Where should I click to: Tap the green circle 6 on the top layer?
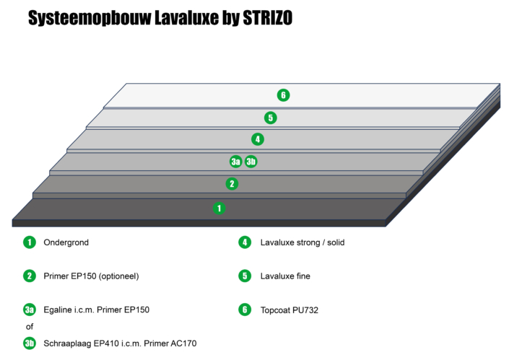284,95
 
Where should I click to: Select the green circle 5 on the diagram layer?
270,118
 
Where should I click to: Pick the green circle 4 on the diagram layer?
257,139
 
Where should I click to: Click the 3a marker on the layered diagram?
236,162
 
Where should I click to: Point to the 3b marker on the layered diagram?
251,162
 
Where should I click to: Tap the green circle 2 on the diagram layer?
232,184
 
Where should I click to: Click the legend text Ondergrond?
66,242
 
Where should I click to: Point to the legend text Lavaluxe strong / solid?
303,242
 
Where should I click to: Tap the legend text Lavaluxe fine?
285,276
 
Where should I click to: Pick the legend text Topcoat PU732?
289,310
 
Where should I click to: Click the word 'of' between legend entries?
30,327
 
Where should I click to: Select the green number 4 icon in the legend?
244,242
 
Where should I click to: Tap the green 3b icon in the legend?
30,343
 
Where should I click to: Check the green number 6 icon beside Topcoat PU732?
244,310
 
